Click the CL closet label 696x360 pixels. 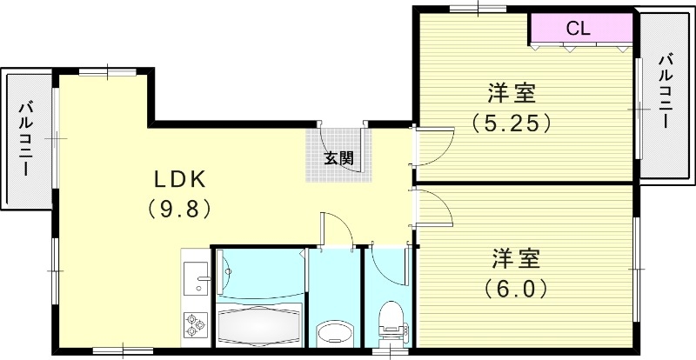pos(579,28)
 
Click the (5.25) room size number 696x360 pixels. pos(512,123)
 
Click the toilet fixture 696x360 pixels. pos(391,321)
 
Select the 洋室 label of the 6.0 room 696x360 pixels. pos(517,258)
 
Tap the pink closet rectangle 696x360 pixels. pos(580,29)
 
